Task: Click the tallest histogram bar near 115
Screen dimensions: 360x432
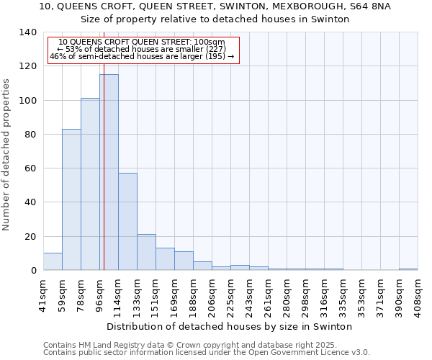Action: click(109, 173)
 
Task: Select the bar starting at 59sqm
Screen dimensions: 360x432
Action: click(71, 199)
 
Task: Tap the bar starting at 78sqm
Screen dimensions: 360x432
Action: click(90, 184)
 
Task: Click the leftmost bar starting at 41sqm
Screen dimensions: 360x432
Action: click(53, 262)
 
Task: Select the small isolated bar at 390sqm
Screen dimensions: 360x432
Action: click(408, 269)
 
